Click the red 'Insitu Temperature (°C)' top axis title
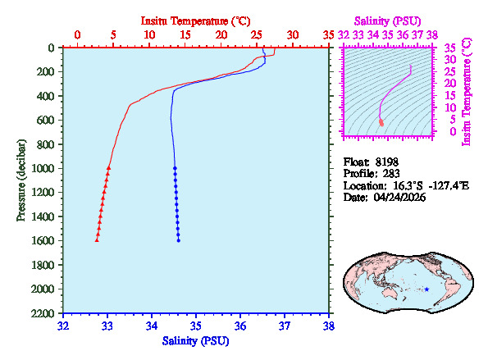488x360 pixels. [196, 19]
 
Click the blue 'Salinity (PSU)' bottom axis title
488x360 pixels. [196, 340]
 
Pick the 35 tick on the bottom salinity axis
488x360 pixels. [196, 326]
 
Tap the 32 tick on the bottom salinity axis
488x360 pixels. [64, 326]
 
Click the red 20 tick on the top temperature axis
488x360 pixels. [221, 35]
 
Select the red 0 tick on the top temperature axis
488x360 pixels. [77, 35]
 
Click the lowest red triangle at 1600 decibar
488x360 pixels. [97, 240]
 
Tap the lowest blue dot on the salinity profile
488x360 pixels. [178, 240]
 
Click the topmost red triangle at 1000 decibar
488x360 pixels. [109, 167]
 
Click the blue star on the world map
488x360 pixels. [426, 289]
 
